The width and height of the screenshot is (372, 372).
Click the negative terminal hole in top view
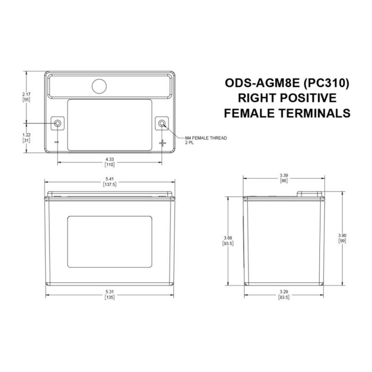click(58, 124)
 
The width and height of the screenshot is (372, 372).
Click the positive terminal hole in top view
click(162, 124)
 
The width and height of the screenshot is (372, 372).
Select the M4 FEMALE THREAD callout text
click(205, 138)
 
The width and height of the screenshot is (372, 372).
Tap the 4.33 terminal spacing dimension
click(109, 160)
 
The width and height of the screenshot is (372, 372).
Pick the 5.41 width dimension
click(109, 181)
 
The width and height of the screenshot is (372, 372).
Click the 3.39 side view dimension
click(284, 178)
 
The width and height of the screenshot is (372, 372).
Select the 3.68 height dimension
click(229, 240)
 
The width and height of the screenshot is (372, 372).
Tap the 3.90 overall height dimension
click(342, 237)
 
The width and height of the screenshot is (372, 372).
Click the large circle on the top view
click(99, 86)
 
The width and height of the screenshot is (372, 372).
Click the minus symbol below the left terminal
click(57, 143)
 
